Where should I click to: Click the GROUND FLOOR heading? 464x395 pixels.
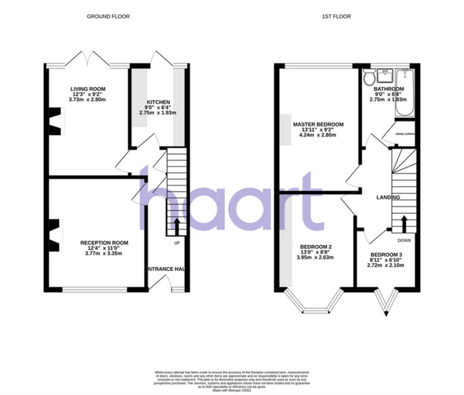[108, 16]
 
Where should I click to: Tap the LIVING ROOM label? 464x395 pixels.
[88, 89]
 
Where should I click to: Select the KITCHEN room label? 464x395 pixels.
[158, 102]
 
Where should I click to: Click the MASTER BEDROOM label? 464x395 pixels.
[318, 124]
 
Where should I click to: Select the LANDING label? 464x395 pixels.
[387, 197]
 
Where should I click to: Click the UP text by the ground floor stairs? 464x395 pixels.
[177, 243]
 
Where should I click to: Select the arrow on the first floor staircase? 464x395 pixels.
[404, 223]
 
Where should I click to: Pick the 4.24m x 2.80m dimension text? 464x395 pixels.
[318, 135]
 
